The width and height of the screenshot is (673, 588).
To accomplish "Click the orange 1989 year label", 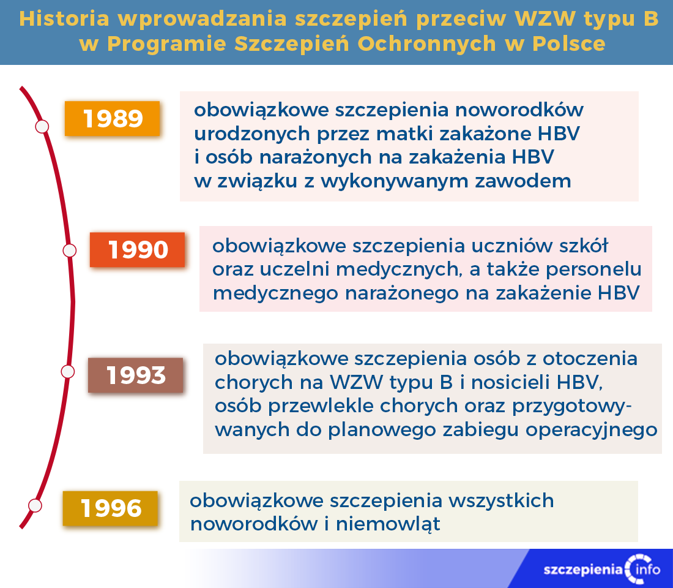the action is [113, 119].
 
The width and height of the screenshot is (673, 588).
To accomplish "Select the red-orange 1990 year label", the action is [137, 250].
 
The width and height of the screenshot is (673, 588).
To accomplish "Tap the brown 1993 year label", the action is [136, 375].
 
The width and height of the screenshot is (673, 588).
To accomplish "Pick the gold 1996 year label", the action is [110, 508].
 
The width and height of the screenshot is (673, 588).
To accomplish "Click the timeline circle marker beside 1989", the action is [42, 127].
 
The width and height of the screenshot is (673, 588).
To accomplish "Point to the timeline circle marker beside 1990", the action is [70, 251].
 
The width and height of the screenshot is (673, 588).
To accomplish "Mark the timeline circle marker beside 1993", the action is [68, 372].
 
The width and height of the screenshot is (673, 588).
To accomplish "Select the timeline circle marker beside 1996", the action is [35, 505].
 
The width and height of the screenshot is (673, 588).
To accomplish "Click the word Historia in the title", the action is [64, 19].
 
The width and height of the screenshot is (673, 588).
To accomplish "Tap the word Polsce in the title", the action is [569, 44].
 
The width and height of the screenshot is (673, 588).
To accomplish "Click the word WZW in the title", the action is [545, 19].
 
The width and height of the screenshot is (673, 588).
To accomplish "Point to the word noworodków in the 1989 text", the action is [519, 110].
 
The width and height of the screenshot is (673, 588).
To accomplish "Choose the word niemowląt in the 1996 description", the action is [388, 524].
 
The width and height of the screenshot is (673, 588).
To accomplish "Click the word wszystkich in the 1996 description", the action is [501, 501].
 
